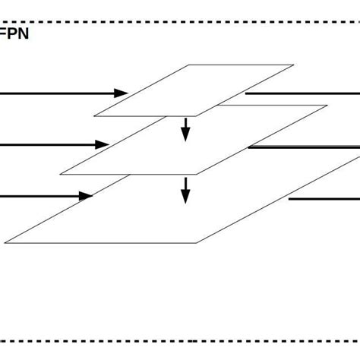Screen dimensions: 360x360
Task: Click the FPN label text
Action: click(x=14, y=34)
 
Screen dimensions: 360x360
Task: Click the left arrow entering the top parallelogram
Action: click(x=61, y=93)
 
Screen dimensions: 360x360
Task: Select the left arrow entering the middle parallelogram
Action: click(x=53, y=144)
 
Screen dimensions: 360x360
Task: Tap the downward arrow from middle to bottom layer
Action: click(x=185, y=190)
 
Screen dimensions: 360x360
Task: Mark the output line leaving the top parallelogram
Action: click(x=304, y=93)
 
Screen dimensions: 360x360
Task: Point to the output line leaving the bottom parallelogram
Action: click(x=324, y=199)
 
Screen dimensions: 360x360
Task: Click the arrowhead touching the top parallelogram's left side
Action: click(x=121, y=93)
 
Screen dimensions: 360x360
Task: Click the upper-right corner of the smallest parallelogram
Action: click(x=293, y=65)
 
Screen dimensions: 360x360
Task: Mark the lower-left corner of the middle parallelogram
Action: click(x=61, y=174)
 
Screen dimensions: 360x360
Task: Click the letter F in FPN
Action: click(x=7, y=34)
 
